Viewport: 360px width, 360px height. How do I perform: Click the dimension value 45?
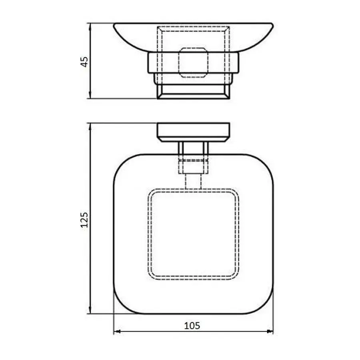click(x=84, y=61)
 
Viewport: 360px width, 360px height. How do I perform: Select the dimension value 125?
click(x=84, y=219)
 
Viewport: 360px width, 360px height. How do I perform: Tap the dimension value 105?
click(x=192, y=325)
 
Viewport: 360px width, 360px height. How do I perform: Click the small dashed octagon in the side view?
click(x=193, y=62)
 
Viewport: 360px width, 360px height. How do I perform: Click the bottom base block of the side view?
click(x=193, y=92)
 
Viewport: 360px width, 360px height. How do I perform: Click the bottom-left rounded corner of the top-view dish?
click(x=122, y=306)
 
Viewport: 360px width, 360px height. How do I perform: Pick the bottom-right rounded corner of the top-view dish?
click(x=265, y=306)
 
